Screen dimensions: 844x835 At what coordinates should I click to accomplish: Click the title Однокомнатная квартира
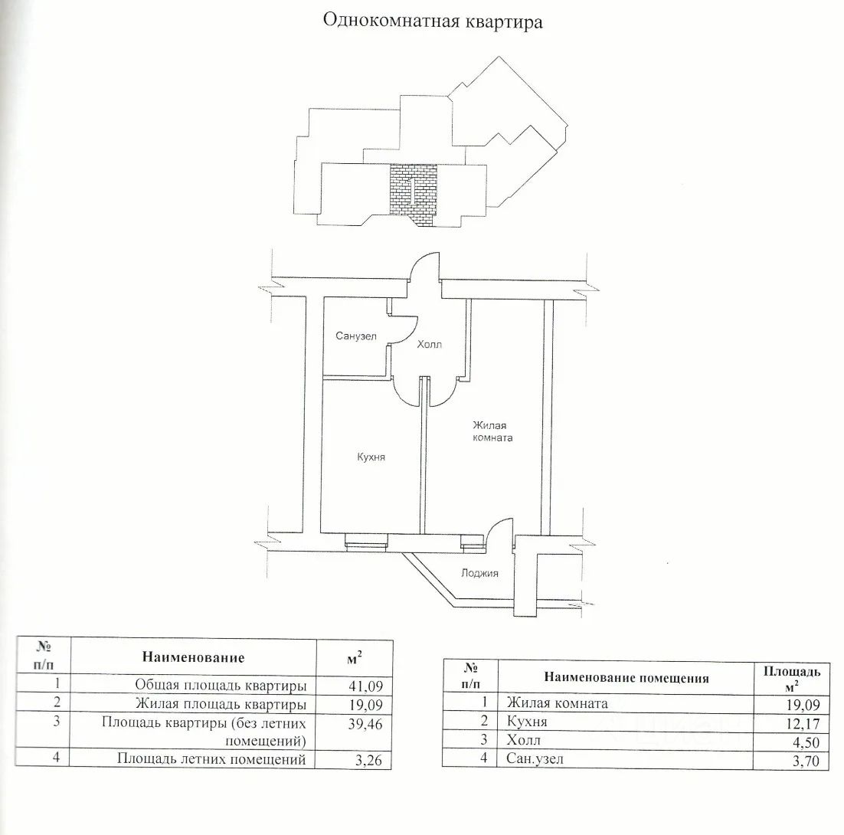(433, 21)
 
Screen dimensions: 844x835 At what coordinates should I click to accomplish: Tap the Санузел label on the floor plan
(356, 336)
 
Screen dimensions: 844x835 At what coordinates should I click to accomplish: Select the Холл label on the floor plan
(429, 345)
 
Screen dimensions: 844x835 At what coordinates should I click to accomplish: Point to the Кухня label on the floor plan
(371, 457)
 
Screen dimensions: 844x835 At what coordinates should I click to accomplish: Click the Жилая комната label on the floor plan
(492, 432)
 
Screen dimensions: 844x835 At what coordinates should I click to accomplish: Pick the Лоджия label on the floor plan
(480, 573)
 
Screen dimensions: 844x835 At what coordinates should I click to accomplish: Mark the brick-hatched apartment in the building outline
(412, 192)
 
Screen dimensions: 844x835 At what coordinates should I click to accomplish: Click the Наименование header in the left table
(193, 657)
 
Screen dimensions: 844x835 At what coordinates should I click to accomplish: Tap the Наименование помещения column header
(626, 677)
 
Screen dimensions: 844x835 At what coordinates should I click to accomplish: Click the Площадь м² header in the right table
(792, 677)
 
